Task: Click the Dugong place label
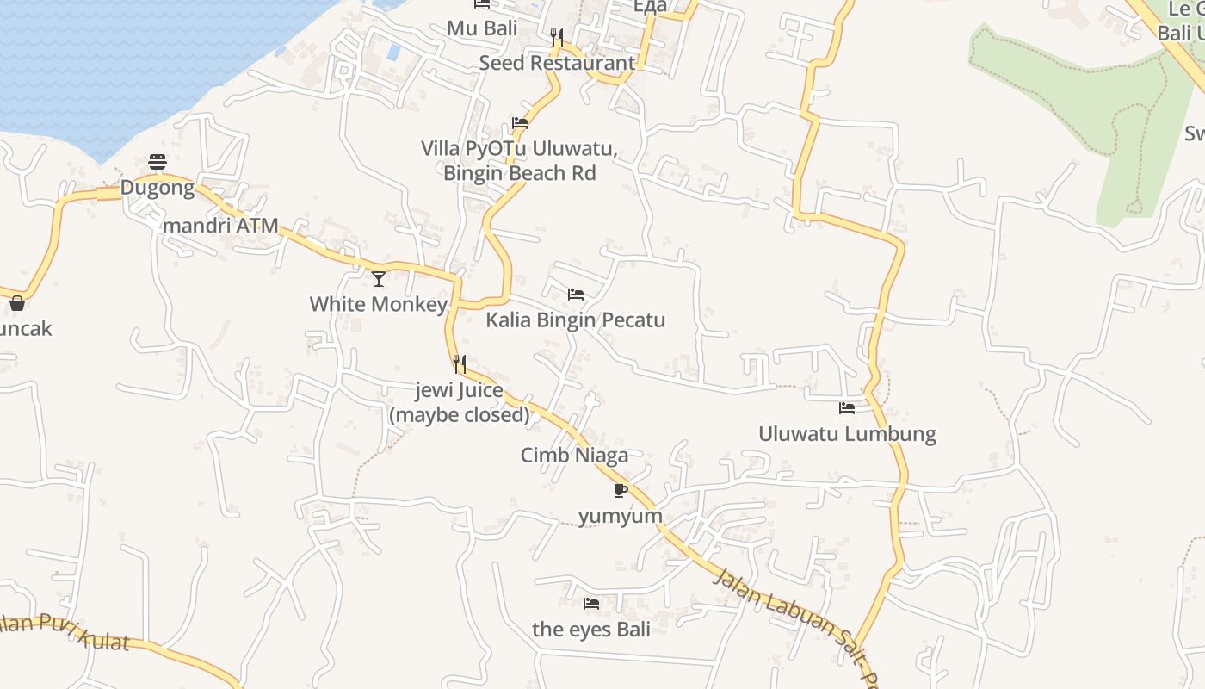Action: coord(158,187)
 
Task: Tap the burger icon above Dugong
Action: coord(157,161)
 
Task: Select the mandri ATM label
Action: coord(220,226)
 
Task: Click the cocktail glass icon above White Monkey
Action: coord(379,278)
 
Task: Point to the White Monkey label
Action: coord(379,304)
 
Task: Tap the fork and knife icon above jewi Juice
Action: coord(460,364)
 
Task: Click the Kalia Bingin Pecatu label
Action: coord(576,320)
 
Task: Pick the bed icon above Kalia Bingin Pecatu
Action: coord(576,295)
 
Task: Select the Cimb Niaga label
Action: coord(574,456)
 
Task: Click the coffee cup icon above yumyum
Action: coord(620,490)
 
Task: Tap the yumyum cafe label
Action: coord(620,516)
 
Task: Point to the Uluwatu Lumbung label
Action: coord(847,433)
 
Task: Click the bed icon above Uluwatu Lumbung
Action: coord(847,407)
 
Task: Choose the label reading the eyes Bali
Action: coord(590,629)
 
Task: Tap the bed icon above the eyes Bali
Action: coord(590,603)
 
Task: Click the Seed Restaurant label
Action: coord(557,63)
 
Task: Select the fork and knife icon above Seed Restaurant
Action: coord(557,37)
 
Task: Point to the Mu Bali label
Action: coord(482,28)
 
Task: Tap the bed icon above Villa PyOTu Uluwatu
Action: coord(520,123)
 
